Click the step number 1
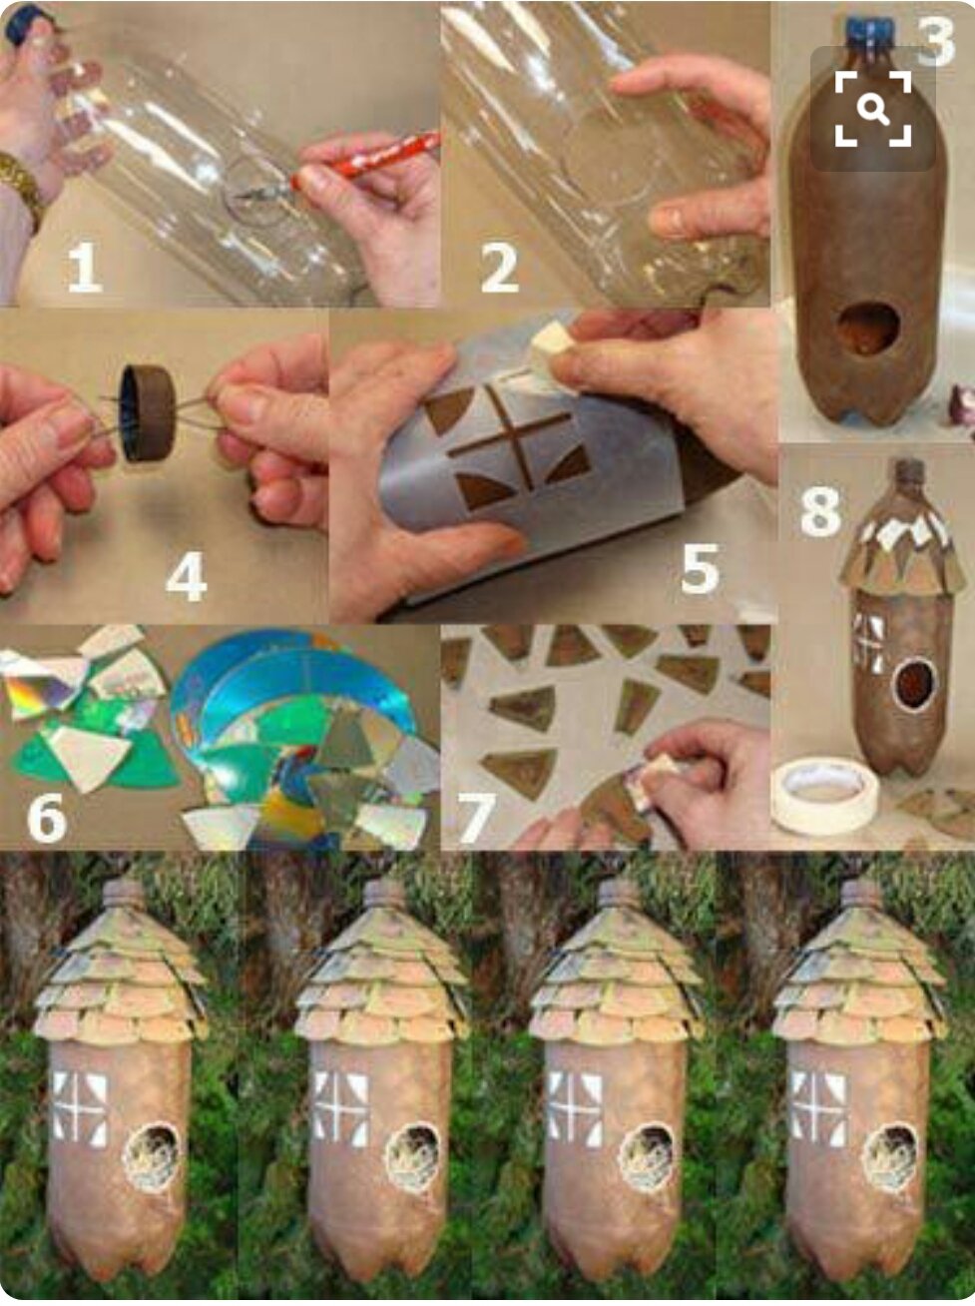pos(84,269)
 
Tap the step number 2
pos(499,269)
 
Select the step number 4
pos(187,576)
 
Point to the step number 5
pos(700,569)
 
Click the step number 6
pos(46,818)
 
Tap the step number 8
pos(820,510)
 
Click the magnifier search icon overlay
pos(873,108)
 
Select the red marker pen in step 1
pos(364,159)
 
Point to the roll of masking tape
pos(825,795)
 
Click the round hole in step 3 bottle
pos(867,329)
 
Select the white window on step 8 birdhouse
pos(868,644)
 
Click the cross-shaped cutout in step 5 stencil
pos(509,438)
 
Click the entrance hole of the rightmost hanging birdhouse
pos(890,1157)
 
